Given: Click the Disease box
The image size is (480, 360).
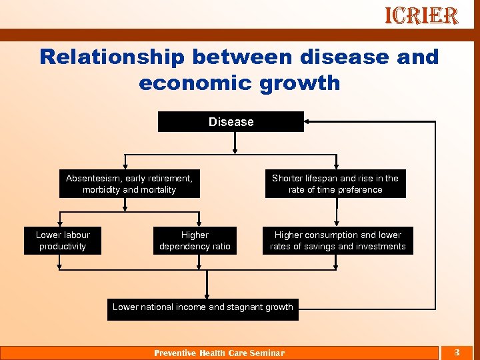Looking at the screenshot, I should tap(231, 122).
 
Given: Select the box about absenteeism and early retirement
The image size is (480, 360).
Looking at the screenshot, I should tap(129, 184).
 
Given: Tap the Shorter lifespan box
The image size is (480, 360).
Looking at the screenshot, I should tap(335, 184).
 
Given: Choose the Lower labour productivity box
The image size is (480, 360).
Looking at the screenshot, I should tap(63, 241).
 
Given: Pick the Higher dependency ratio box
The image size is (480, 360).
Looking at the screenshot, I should tap(195, 241).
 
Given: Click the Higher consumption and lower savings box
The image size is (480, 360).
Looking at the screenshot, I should tap(337, 241).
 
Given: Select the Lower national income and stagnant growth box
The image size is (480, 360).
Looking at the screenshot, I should tap(203, 308).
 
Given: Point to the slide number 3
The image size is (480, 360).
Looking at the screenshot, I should tap(457, 352).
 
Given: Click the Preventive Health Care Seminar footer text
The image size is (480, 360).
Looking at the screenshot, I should tap(219, 353).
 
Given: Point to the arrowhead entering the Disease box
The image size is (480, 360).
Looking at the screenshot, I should tap(307, 122).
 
